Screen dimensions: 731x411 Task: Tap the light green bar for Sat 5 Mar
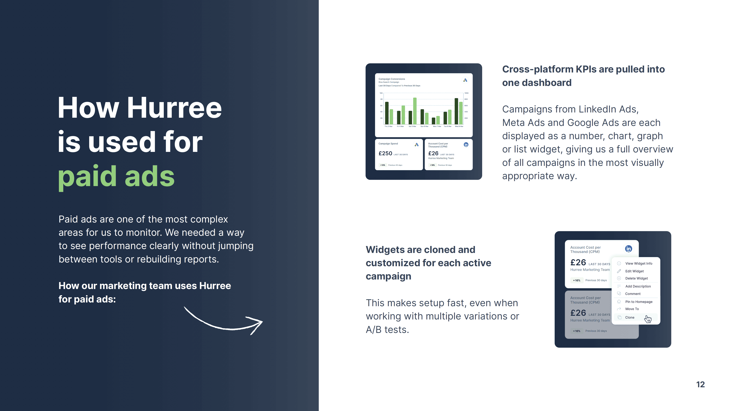coord(415,111)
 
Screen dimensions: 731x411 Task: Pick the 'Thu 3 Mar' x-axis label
coord(388,126)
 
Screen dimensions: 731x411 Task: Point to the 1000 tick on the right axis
coord(466,93)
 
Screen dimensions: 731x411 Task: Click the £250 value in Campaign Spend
coord(385,153)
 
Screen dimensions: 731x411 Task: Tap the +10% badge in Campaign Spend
coord(383,165)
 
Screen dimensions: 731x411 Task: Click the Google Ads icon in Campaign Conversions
coord(465,80)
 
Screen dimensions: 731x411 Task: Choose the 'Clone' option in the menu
coord(629,317)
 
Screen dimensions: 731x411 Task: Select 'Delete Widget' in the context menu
coord(636,278)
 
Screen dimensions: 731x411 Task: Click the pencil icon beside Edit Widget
coord(619,271)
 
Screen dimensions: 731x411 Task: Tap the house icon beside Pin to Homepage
coord(619,302)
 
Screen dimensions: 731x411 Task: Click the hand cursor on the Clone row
coord(648,319)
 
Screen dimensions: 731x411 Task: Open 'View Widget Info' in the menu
coord(638,263)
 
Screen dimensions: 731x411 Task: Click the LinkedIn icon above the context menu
coord(628,249)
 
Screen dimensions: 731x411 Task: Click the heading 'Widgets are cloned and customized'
coord(428,263)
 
